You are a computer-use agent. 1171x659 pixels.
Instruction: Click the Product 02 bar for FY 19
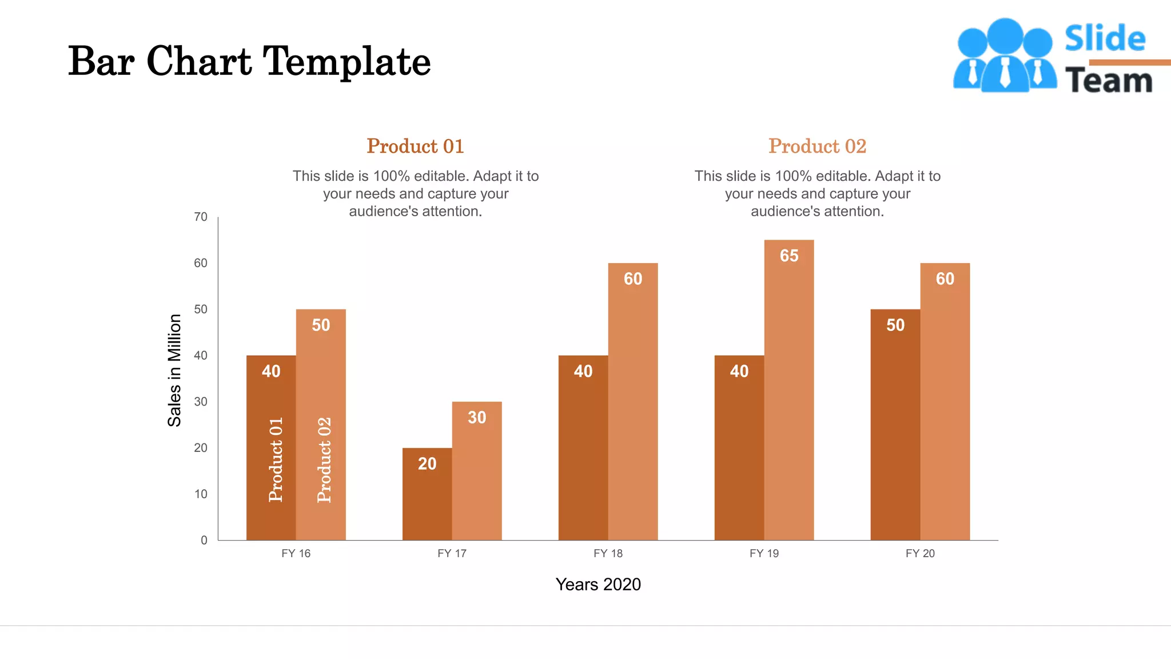pyautogui.click(x=788, y=400)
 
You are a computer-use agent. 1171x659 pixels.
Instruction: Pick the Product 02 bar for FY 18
pyautogui.click(x=632, y=412)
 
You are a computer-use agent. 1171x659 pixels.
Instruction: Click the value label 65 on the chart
pyautogui.click(x=788, y=256)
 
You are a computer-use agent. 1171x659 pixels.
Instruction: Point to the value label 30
pyautogui.click(x=476, y=418)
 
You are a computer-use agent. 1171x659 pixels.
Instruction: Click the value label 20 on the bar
pyautogui.click(x=427, y=464)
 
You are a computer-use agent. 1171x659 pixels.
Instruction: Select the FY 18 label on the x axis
pyautogui.click(x=608, y=553)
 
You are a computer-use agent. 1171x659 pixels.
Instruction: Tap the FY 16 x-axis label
pyautogui.click(x=296, y=553)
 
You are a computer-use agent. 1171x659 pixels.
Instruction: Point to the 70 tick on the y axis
pyautogui.click(x=201, y=217)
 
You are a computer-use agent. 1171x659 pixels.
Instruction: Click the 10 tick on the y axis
pyautogui.click(x=201, y=494)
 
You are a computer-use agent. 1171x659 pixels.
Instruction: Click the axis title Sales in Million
pyautogui.click(x=174, y=370)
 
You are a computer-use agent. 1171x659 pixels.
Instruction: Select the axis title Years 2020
pyautogui.click(x=598, y=584)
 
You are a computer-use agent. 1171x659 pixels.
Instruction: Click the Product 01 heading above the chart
pyautogui.click(x=415, y=146)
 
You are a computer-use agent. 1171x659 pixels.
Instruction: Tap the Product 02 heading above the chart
pyautogui.click(x=817, y=146)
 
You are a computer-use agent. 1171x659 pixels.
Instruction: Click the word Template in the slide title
pyautogui.click(x=346, y=62)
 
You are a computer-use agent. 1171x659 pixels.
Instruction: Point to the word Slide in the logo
pyautogui.click(x=1105, y=39)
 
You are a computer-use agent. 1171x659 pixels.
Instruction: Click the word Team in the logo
pyautogui.click(x=1108, y=81)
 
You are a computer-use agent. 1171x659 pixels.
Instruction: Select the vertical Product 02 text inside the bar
pyautogui.click(x=324, y=459)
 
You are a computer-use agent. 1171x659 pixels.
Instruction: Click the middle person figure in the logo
pyautogui.click(x=1005, y=57)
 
